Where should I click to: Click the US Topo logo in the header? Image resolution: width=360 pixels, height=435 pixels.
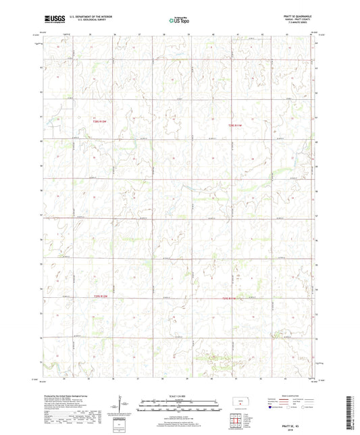178,21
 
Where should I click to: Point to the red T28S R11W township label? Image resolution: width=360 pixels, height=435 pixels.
234,125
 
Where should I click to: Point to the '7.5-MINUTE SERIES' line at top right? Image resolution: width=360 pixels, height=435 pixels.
301,25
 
